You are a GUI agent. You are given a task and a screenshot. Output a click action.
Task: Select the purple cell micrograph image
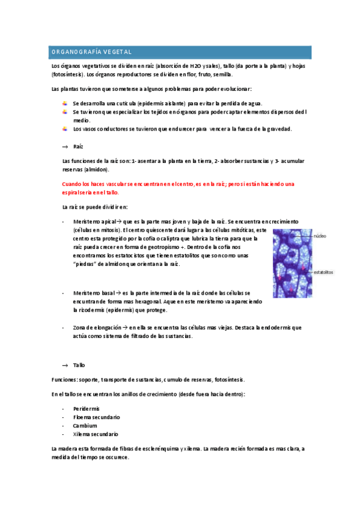point(292,263)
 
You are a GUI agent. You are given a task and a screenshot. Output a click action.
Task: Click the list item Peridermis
point(87,408)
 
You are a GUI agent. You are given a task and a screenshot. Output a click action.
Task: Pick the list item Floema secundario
point(96,417)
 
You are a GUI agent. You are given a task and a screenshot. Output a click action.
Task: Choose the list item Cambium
point(85,425)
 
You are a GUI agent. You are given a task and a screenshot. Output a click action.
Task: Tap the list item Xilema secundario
point(96,434)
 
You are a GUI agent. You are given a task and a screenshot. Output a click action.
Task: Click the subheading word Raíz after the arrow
point(78,146)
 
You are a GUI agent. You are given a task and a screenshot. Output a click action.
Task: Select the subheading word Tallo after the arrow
point(79,365)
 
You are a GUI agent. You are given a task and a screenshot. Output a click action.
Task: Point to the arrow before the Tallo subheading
point(66,365)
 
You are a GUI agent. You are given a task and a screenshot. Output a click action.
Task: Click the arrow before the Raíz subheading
point(66,146)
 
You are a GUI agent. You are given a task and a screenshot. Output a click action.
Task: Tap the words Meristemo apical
point(93,221)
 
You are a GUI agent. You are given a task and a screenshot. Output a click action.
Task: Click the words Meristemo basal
point(93,292)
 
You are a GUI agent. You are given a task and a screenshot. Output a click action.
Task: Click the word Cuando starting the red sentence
point(72,183)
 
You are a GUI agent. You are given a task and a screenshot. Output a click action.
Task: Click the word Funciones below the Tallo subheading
point(64,379)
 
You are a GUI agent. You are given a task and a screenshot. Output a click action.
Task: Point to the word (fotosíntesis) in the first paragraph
point(68,75)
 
